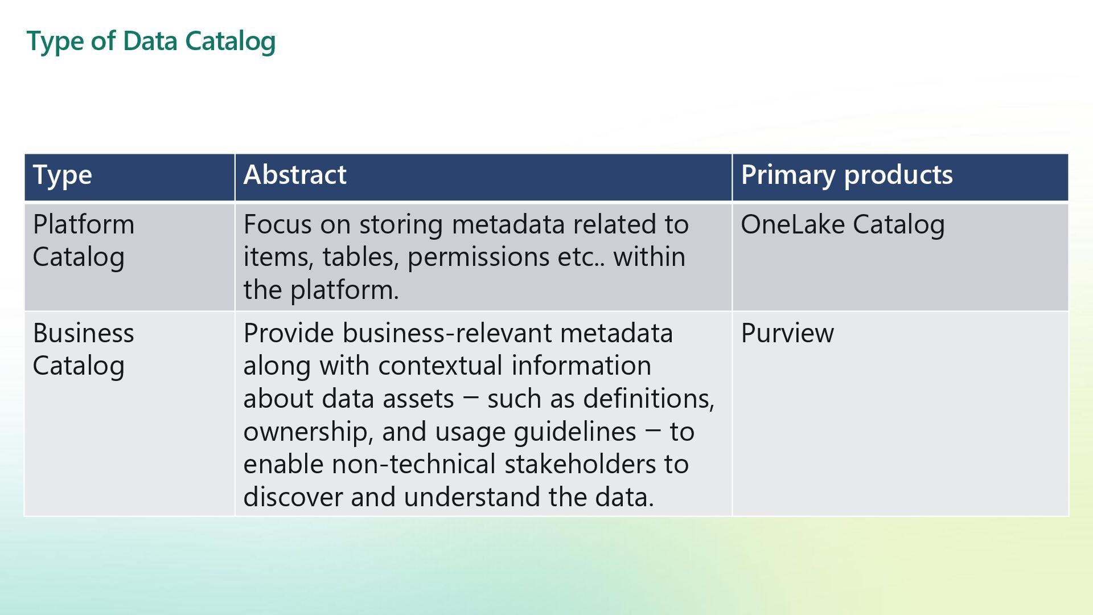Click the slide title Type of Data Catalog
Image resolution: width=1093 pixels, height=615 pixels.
[x=151, y=41]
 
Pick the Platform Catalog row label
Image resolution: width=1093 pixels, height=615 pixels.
[x=84, y=240]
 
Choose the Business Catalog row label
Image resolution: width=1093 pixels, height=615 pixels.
[x=84, y=349]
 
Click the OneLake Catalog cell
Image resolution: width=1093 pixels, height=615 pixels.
[x=843, y=224]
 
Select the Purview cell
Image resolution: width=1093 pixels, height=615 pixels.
[x=787, y=333]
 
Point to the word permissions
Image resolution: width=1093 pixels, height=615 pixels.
[x=478, y=257]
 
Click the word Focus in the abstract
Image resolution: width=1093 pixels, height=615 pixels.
[x=277, y=224]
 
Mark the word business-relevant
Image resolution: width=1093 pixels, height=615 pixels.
[x=447, y=333]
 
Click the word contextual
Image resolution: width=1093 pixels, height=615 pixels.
[x=441, y=366]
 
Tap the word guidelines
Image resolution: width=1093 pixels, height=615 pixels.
[x=574, y=432]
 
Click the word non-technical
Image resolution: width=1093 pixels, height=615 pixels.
[x=414, y=464]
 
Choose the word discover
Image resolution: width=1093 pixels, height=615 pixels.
[x=293, y=497]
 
